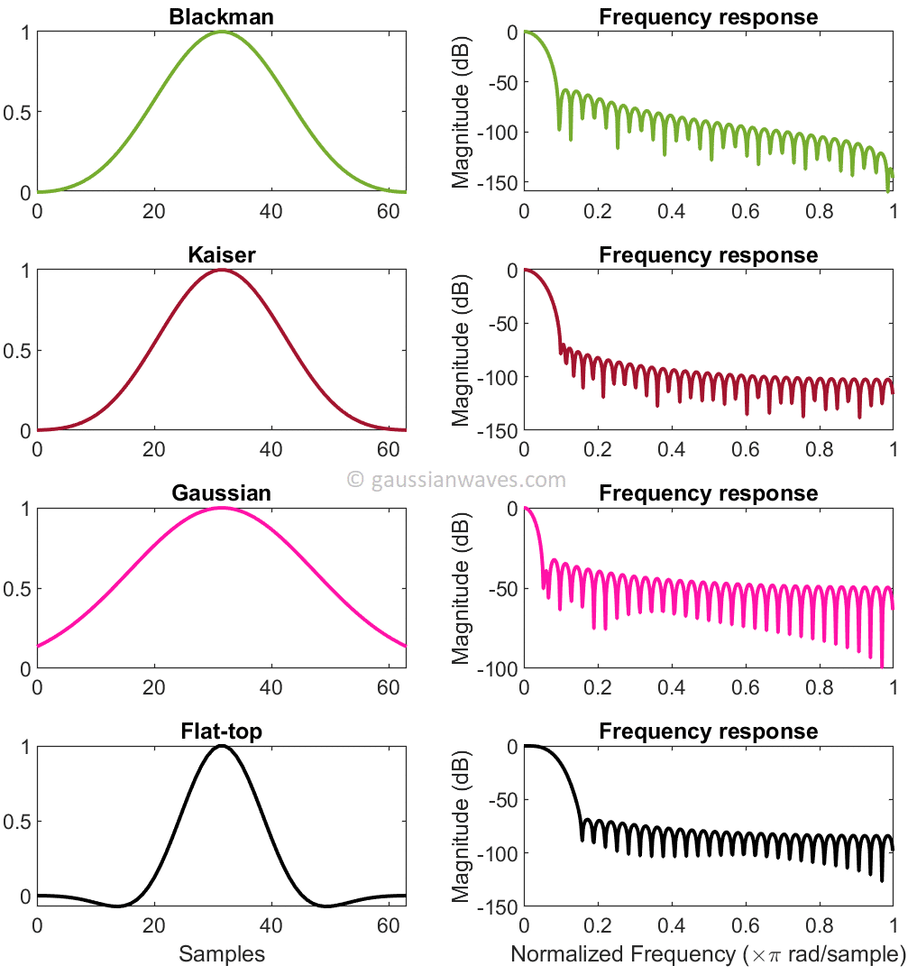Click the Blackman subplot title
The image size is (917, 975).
[222, 17]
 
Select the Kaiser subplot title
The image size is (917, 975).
[222, 255]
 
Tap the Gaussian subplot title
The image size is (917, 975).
[222, 493]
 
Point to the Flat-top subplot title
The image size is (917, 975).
[222, 731]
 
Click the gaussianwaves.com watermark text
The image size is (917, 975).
[457, 479]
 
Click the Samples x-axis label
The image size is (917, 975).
[222, 953]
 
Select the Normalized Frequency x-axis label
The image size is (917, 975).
[708, 953]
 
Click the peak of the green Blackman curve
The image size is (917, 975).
[222, 32]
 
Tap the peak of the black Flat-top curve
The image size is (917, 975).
[222, 746]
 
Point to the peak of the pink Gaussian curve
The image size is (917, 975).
[222, 508]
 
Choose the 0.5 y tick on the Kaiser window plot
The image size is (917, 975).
[19, 351]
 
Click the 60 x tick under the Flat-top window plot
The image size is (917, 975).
[389, 925]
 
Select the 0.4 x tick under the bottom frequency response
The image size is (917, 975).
[672, 925]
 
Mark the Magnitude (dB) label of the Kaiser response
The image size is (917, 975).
[462, 350]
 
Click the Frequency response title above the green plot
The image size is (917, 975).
[708, 17]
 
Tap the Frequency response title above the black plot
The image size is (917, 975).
[708, 731]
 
